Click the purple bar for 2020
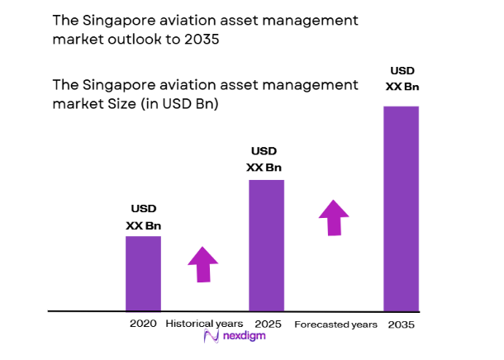click(143, 273)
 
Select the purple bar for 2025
click(266, 245)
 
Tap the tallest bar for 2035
click(401, 208)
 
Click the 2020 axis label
click(143, 324)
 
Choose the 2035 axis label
click(401, 324)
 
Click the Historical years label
click(205, 324)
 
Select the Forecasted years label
click(335, 324)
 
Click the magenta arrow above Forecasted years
click(335, 217)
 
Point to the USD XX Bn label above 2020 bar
click(143, 217)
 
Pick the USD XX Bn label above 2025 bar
click(265, 159)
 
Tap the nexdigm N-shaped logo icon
click(210, 337)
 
